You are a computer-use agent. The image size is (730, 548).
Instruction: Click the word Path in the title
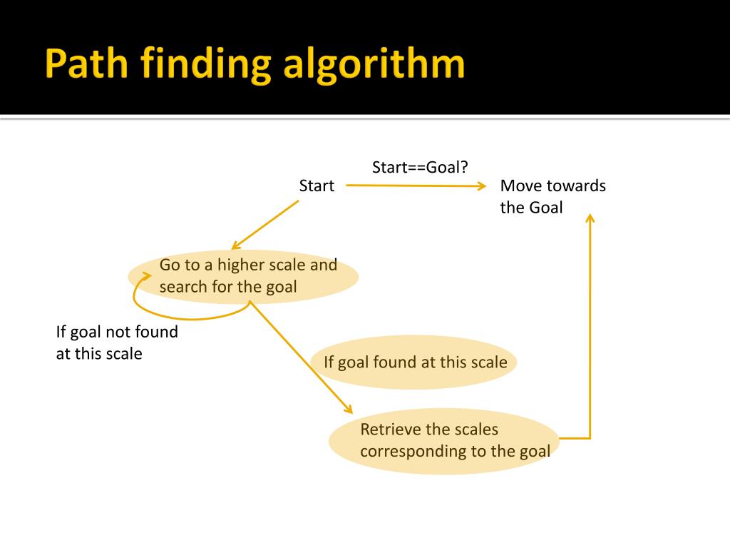click(85, 65)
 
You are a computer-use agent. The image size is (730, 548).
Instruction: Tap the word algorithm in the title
click(374, 65)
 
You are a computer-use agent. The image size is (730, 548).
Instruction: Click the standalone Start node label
click(317, 186)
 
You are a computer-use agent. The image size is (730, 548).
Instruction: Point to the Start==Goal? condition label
click(420, 167)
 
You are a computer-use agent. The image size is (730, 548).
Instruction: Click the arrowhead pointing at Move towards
click(481, 186)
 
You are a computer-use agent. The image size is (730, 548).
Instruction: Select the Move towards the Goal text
click(552, 196)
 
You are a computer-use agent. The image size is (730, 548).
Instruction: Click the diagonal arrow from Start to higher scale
click(265, 225)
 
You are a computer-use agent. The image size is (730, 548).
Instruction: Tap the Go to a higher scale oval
click(243, 276)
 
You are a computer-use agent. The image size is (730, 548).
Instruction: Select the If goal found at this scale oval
click(415, 362)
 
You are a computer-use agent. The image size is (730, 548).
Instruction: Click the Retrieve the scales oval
click(443, 440)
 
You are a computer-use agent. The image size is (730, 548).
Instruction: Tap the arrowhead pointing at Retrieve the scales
click(349, 410)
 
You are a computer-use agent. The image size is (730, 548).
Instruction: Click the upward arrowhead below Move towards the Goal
click(590, 217)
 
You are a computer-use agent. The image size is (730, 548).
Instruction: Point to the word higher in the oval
click(245, 265)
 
